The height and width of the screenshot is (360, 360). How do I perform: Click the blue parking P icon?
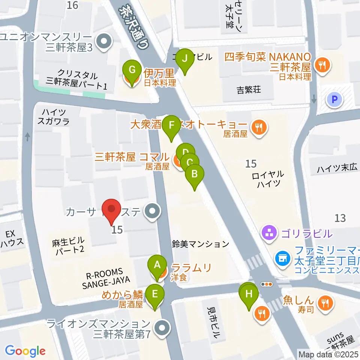click(335, 99)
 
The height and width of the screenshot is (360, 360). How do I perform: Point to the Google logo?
click(25, 351)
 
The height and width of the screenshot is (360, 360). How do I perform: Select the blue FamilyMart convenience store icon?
click(282, 258)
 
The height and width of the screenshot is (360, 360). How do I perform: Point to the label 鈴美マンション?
click(201, 244)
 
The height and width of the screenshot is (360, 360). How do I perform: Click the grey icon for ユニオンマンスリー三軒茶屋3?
click(103, 42)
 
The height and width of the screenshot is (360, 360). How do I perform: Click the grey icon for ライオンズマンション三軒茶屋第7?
click(162, 328)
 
